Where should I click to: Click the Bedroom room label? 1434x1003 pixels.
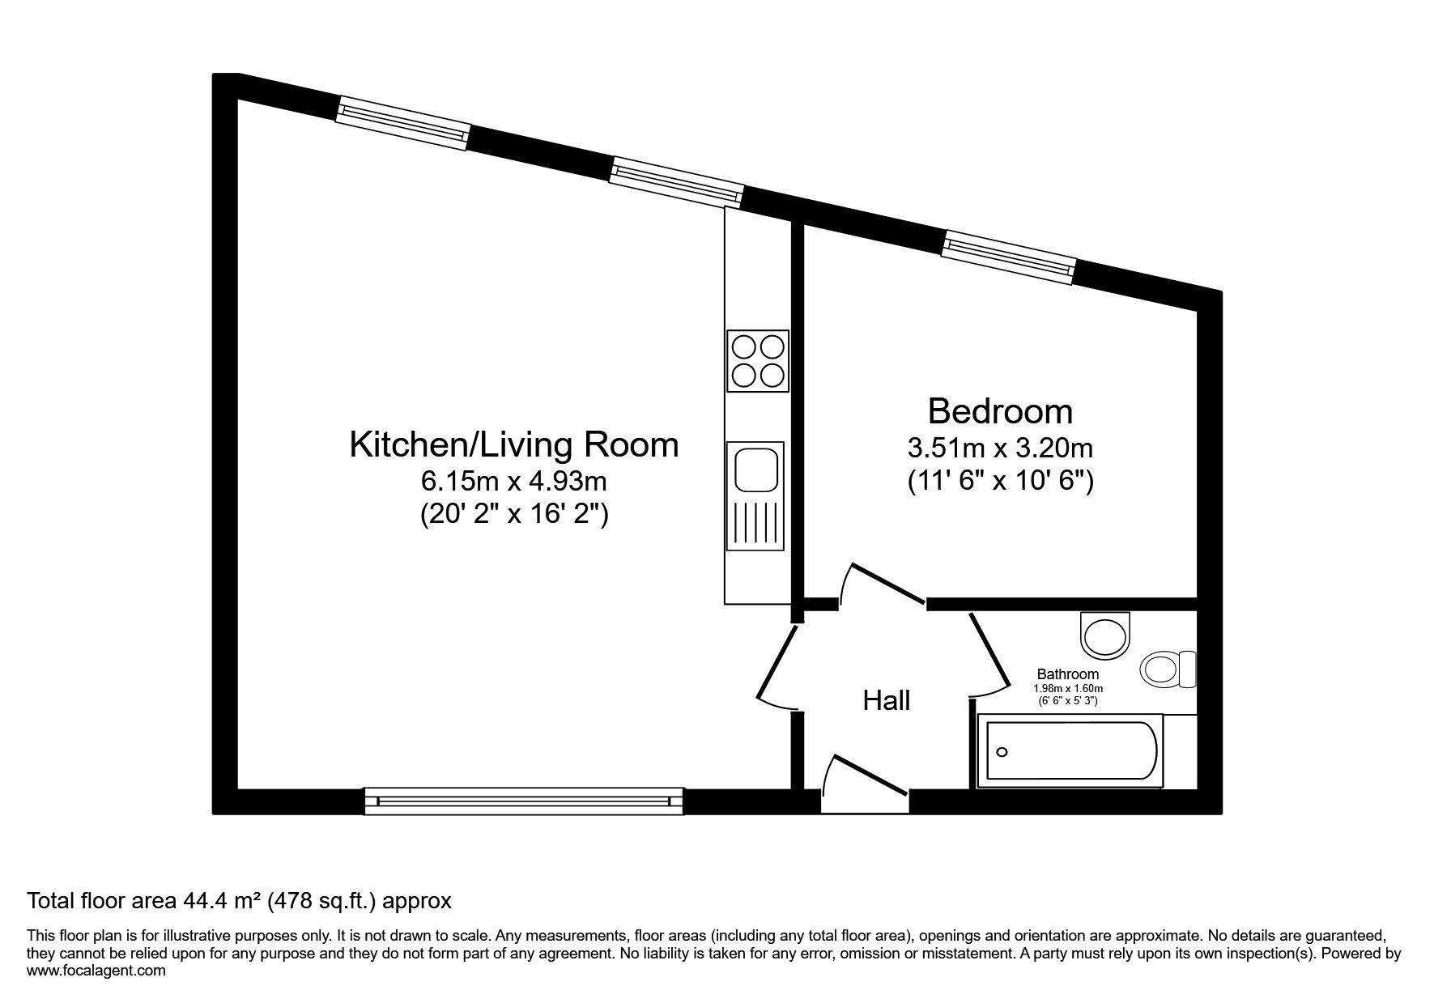[1000, 411]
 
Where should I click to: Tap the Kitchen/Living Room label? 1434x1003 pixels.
[514, 444]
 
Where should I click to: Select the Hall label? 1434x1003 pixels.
[887, 700]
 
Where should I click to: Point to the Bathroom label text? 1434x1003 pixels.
[1068, 674]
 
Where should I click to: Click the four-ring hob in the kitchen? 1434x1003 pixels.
[758, 361]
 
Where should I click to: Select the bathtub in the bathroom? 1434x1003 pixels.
[1070, 751]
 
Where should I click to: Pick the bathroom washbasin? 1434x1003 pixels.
[1106, 633]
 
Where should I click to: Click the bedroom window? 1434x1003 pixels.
[1009, 257]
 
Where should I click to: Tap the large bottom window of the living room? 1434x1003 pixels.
[524, 801]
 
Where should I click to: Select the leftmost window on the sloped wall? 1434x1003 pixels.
[403, 123]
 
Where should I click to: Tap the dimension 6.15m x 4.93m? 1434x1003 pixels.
[513, 482]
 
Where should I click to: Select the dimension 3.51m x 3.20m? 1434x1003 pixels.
[1000, 448]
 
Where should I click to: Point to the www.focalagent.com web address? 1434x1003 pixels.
[96, 971]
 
